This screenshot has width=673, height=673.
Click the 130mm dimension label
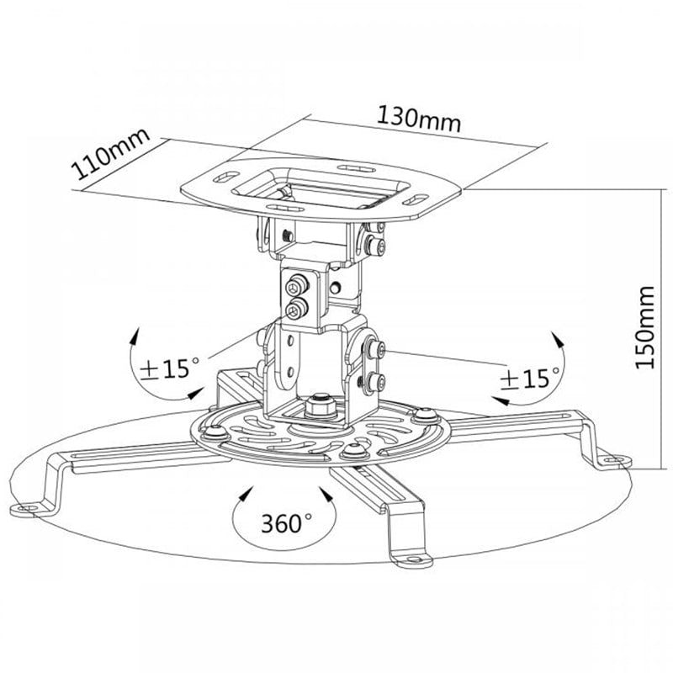[419, 119]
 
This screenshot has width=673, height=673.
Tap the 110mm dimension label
[111, 153]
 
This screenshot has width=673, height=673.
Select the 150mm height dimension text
[644, 327]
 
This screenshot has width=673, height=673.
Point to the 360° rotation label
[287, 522]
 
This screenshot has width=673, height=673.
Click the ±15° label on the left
[171, 368]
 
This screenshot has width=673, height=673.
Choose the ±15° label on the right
[530, 378]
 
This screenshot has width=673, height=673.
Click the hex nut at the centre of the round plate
[321, 406]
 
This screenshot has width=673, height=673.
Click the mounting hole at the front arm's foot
[413, 559]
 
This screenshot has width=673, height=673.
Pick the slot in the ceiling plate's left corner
[226, 177]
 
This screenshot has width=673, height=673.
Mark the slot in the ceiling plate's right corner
[416, 199]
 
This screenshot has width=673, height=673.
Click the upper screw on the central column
[297, 285]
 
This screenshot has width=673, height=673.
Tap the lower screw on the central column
[296, 309]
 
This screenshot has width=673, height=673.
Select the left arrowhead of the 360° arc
[246, 494]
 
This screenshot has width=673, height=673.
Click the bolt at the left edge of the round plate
[215, 432]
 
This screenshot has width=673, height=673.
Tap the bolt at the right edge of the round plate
[425, 415]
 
